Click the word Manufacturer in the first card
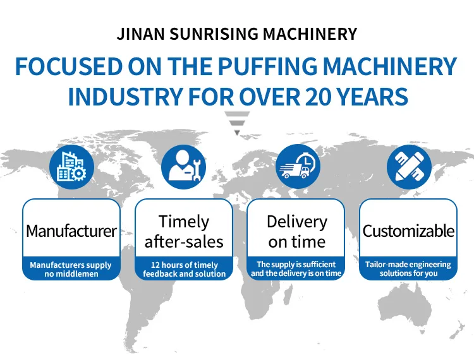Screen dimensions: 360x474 (x=71, y=231)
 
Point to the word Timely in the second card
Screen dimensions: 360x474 (x=184, y=222)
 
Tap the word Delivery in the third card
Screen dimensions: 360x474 (x=297, y=222)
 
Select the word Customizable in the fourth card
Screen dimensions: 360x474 (x=408, y=231)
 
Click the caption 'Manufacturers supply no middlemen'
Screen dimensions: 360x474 (x=71, y=269)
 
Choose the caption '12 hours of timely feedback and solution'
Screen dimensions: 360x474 (x=184, y=269)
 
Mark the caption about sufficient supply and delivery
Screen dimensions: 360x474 (x=296, y=268)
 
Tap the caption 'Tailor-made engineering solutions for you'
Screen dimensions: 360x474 (x=408, y=268)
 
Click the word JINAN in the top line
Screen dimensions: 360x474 (x=138, y=34)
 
